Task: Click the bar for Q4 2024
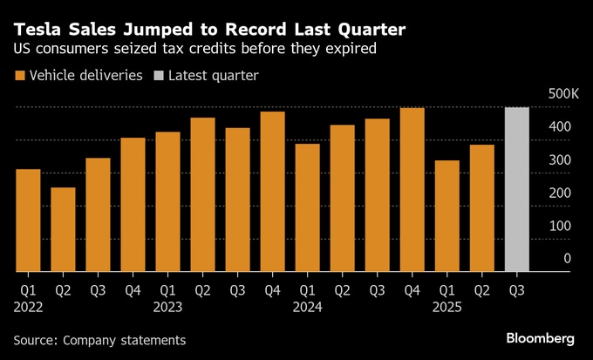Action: [412, 189]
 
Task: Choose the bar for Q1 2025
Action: [446, 215]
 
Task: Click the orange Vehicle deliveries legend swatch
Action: [19, 76]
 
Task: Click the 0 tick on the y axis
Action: [567, 259]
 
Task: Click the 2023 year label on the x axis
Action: [167, 307]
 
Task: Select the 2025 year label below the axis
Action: [446, 307]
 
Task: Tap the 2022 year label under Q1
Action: [28, 307]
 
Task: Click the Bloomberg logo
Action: [540, 338]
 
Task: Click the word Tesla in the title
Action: [36, 30]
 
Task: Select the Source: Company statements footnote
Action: [99, 339]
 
